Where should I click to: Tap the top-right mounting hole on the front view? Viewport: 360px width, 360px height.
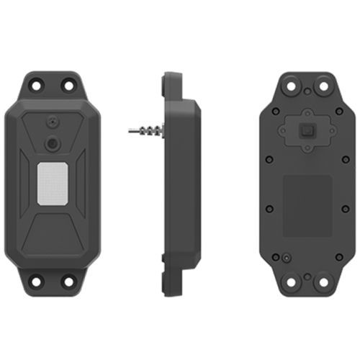point(68,85)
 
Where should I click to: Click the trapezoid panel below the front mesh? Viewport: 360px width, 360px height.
point(52,230)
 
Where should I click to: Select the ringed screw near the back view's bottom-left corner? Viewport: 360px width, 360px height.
point(286,257)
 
